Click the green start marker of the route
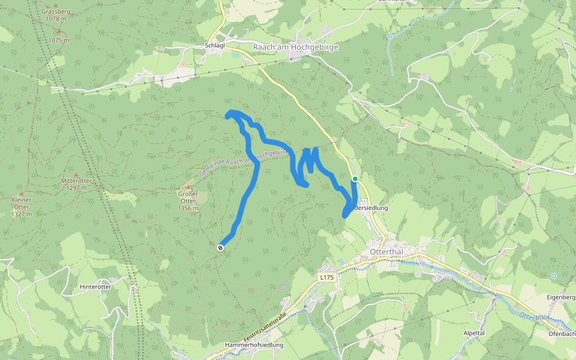coord(355,179)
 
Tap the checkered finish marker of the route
coord(221,247)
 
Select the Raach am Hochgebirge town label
coord(296,47)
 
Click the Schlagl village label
coord(215,45)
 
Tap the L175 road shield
coord(326,277)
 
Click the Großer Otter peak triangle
coord(188,187)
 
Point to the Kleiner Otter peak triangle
coord(21,193)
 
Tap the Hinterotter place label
coord(95,287)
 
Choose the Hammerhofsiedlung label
coord(254,345)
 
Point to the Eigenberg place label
coord(561,296)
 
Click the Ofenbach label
coord(562,333)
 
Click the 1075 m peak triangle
coord(59,31)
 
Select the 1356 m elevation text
coord(188,208)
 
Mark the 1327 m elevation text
coord(21,214)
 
